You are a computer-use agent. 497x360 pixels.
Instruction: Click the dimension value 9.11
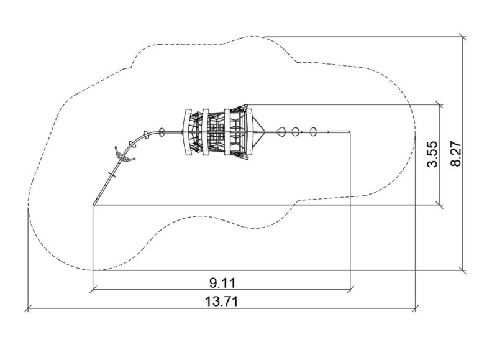[222, 283]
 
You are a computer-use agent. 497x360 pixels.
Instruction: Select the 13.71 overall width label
[221, 302]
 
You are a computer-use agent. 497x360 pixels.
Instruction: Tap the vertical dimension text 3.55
[432, 154]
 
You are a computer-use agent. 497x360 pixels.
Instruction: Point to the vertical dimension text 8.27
[456, 154]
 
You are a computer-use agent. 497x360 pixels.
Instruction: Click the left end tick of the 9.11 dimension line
[93, 289]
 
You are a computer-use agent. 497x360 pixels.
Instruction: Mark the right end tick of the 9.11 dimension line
[350, 289]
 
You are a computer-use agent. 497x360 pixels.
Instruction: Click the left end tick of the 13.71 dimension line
[28, 308]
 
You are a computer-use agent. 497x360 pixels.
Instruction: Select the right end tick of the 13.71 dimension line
[416, 308]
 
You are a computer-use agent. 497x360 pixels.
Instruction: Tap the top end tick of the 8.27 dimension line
[463, 37]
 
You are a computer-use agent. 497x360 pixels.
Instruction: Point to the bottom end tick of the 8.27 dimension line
[463, 270]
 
